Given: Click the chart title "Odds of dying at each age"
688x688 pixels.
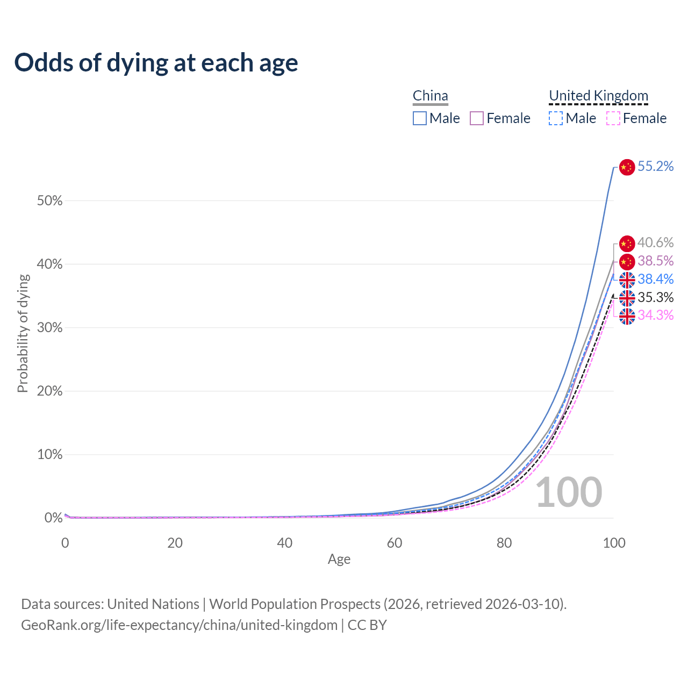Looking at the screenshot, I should pyautogui.click(x=156, y=63).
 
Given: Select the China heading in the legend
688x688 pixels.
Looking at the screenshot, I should pyautogui.click(x=430, y=96).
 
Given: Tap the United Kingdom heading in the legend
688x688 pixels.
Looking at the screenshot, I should pyautogui.click(x=598, y=96).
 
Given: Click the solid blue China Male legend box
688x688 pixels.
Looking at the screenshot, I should pyautogui.click(x=420, y=118).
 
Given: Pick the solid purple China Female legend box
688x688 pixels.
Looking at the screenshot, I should pyautogui.click(x=477, y=118).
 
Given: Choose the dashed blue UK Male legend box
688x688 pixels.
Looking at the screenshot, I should pyautogui.click(x=556, y=118).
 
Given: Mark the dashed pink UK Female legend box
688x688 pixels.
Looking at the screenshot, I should pyautogui.click(x=613, y=118).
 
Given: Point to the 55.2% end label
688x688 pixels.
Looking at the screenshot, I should pyautogui.click(x=655, y=167).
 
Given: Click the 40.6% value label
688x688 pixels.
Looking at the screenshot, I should pyautogui.click(x=655, y=243).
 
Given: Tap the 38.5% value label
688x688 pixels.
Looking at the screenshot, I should pyautogui.click(x=655, y=261).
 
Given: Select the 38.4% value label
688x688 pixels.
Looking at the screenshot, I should pyautogui.click(x=655, y=279).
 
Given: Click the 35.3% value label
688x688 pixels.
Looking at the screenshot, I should pyautogui.click(x=655, y=297).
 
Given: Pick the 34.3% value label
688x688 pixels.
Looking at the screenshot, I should pyautogui.click(x=655, y=315).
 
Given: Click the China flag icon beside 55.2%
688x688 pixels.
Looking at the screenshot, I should pyautogui.click(x=627, y=167).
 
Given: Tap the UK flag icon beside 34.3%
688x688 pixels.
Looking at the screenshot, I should pyautogui.click(x=627, y=316).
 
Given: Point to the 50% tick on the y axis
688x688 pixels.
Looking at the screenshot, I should pyautogui.click(x=49, y=201).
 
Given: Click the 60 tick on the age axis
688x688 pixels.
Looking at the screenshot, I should pyautogui.click(x=395, y=543).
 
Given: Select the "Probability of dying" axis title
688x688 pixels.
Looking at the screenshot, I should pyautogui.click(x=23, y=333).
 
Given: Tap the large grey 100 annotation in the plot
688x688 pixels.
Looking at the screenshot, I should pyautogui.click(x=569, y=492).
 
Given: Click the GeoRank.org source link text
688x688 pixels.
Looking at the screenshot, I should pyautogui.click(x=179, y=625).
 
